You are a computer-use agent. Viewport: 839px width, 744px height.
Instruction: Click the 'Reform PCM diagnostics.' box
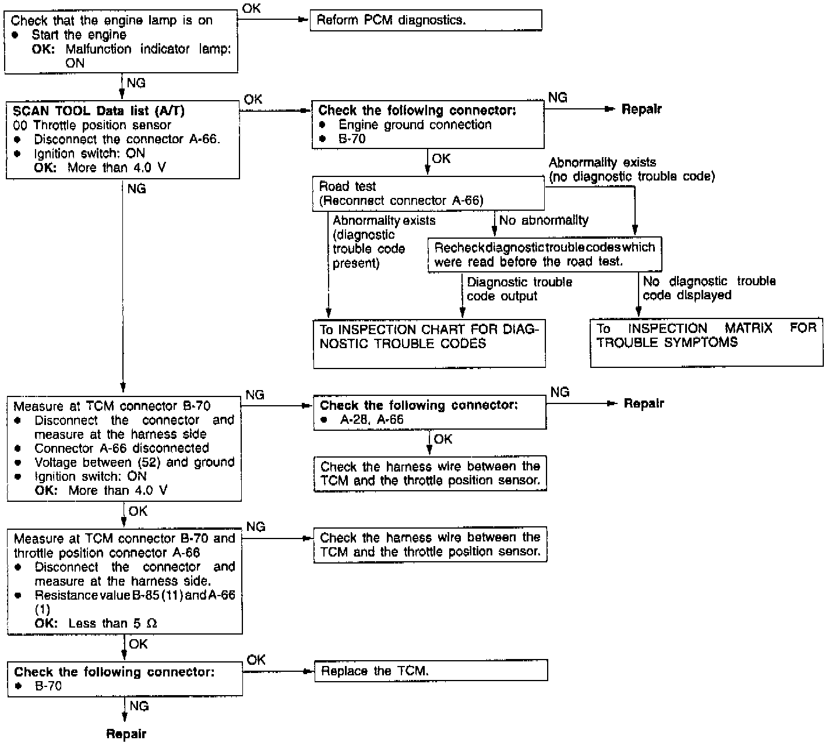(x=425, y=20)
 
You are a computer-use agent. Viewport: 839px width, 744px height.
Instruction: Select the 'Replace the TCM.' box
(x=431, y=671)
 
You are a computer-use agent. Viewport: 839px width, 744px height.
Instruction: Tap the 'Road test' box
(x=428, y=193)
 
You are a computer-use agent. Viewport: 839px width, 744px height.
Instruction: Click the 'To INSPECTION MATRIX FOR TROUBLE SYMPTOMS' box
(x=706, y=342)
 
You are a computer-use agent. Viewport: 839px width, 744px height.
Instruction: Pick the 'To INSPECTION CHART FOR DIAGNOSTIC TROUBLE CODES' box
(x=429, y=343)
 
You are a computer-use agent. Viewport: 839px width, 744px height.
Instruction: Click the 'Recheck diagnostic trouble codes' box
(x=544, y=254)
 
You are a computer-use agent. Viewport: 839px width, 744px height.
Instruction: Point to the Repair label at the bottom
(x=126, y=734)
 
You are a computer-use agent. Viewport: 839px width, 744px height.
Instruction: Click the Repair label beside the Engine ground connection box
(x=641, y=109)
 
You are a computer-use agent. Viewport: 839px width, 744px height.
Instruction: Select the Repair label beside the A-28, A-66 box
(x=644, y=403)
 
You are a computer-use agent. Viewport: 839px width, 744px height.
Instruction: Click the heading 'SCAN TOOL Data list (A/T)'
(x=98, y=111)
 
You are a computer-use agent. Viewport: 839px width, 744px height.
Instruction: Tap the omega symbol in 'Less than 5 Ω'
(x=152, y=623)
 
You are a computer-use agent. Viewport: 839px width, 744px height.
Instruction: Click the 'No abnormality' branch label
(x=544, y=220)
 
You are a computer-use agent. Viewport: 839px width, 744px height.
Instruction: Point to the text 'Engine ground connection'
(x=415, y=125)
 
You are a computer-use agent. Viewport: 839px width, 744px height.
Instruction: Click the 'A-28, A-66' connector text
(x=372, y=420)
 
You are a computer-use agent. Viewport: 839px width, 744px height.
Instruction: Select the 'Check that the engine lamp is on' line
(x=112, y=20)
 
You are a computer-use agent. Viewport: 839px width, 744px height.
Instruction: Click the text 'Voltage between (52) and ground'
(x=134, y=462)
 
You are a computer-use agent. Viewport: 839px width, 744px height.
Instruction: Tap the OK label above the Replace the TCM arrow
(x=256, y=660)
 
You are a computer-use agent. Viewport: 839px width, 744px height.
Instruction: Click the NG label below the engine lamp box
(x=136, y=83)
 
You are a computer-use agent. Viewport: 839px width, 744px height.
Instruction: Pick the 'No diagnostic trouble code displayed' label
(x=709, y=288)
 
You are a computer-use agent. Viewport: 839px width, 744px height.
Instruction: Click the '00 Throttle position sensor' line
(x=92, y=125)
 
